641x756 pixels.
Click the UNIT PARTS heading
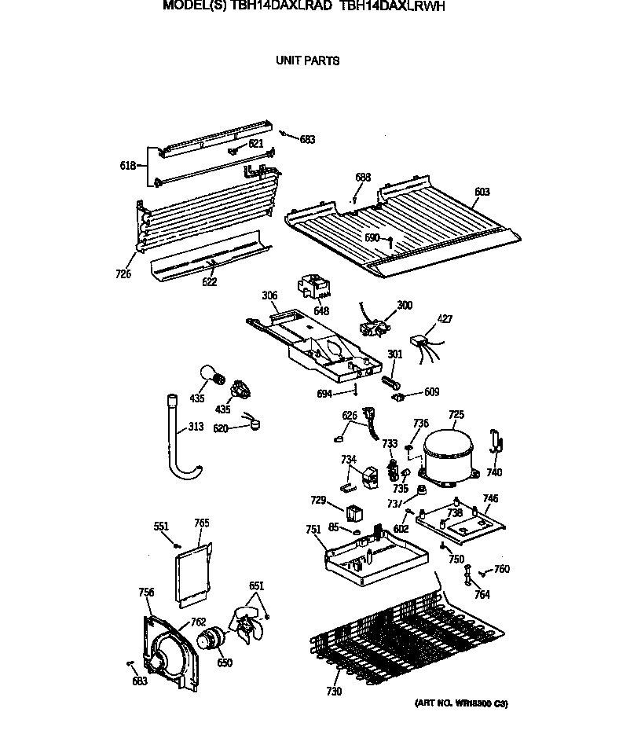(x=307, y=61)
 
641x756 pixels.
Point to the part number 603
(x=482, y=192)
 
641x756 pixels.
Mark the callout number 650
(x=225, y=662)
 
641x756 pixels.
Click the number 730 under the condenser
(x=334, y=692)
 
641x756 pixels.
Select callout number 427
(x=444, y=318)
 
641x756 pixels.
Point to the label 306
(x=269, y=295)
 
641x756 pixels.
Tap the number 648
(x=320, y=311)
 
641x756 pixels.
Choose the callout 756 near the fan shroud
(x=146, y=592)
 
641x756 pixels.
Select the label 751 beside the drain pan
(x=313, y=530)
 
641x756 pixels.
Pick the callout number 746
(x=490, y=498)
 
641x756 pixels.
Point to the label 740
(x=493, y=472)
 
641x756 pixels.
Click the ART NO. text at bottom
(x=461, y=703)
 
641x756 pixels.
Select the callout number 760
(x=501, y=569)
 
